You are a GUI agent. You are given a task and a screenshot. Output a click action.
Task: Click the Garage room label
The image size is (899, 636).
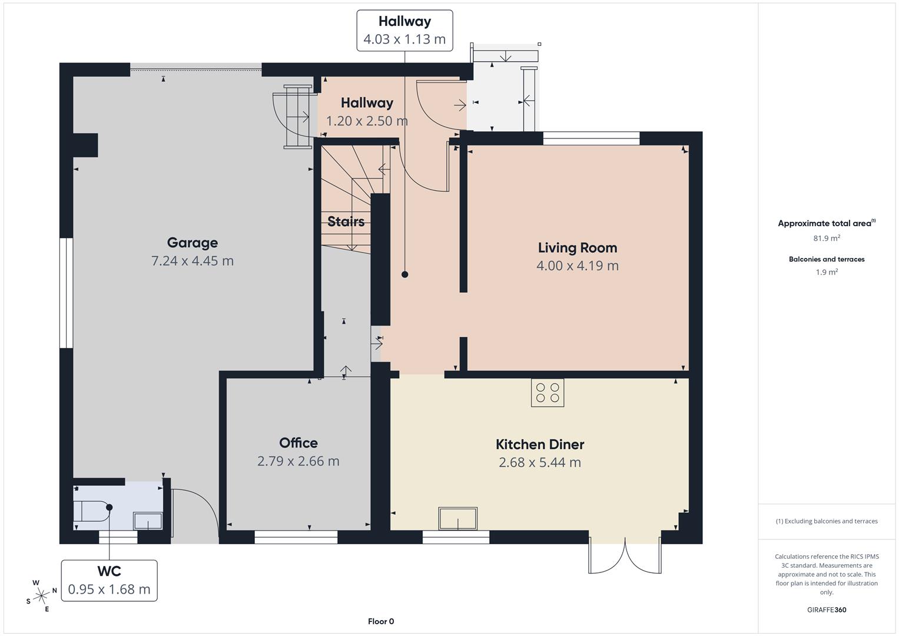192,243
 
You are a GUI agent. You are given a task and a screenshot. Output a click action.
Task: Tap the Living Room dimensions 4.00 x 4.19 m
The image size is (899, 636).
577,266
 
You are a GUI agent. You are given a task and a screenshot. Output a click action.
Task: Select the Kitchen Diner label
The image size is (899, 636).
540,445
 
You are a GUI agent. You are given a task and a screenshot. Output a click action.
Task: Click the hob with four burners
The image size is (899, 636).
548,393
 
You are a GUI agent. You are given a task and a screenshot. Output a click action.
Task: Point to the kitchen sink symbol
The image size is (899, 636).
457,519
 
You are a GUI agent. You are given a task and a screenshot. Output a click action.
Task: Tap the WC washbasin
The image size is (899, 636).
148,521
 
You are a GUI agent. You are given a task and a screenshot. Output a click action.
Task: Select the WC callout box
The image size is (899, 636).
110,580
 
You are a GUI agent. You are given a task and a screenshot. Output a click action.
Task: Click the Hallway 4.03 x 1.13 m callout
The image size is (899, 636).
404,31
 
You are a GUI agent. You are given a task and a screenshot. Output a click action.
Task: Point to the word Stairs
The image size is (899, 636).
346,221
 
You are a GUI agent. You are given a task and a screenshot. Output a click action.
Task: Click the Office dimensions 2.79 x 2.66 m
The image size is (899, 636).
298,461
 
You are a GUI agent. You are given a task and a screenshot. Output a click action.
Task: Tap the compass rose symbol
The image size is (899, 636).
41,595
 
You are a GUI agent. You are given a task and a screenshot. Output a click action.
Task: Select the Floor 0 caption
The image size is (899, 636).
381,621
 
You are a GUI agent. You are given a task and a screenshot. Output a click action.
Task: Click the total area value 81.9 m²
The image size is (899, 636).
827,238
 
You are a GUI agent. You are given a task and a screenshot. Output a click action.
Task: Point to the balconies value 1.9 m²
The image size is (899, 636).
827,272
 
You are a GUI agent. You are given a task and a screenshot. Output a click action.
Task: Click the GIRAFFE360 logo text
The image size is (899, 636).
827,609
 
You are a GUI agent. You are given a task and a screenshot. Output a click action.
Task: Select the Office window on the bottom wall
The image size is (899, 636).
296,536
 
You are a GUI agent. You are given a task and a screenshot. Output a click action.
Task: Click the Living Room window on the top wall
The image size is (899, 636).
591,138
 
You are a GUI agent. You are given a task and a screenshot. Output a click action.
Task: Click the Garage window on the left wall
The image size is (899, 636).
66,293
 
